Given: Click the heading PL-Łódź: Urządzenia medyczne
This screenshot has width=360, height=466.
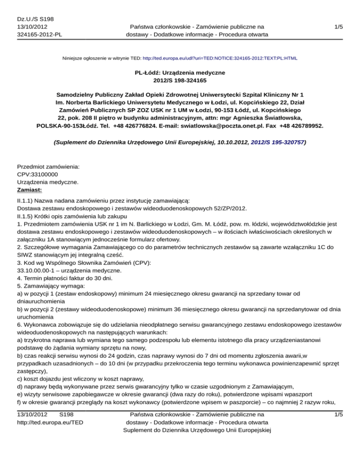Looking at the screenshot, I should [180, 73].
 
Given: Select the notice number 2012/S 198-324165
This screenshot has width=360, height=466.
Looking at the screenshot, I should [180, 81].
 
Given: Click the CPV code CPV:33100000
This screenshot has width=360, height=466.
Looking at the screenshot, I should [38, 174].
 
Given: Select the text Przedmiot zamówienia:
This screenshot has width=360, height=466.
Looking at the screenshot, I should [48, 166].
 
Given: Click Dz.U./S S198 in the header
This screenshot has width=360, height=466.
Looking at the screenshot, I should [35, 19].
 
